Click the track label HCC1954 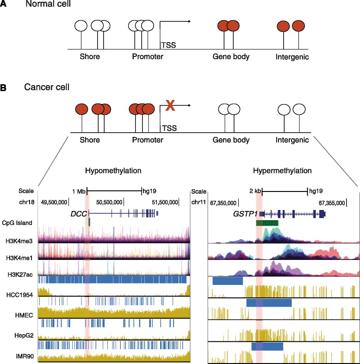19,291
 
